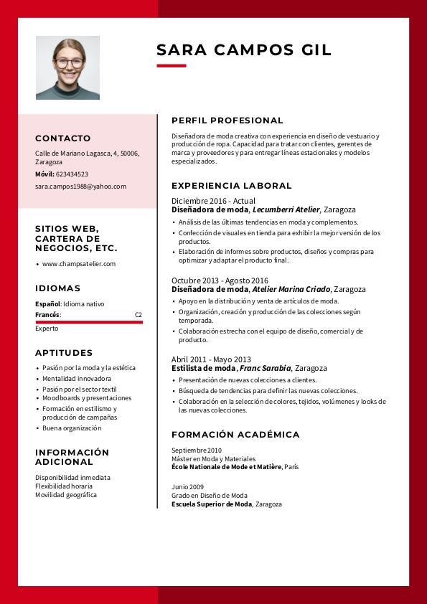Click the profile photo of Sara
67,67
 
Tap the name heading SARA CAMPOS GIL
243,49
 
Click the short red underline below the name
171,66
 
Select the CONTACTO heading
63,138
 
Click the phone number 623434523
72,174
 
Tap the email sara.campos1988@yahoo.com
80,187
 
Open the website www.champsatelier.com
79,264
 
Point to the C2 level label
139,315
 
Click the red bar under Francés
89,322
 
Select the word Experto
47,329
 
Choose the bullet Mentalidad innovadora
77,379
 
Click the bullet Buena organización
72,428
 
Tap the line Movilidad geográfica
66,495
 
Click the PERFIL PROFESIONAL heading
227,121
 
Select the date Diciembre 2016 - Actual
213,201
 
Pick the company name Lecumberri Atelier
286,210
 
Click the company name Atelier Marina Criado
291,289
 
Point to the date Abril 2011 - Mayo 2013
211,359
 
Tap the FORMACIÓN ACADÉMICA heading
235,435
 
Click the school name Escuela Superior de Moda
212,504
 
